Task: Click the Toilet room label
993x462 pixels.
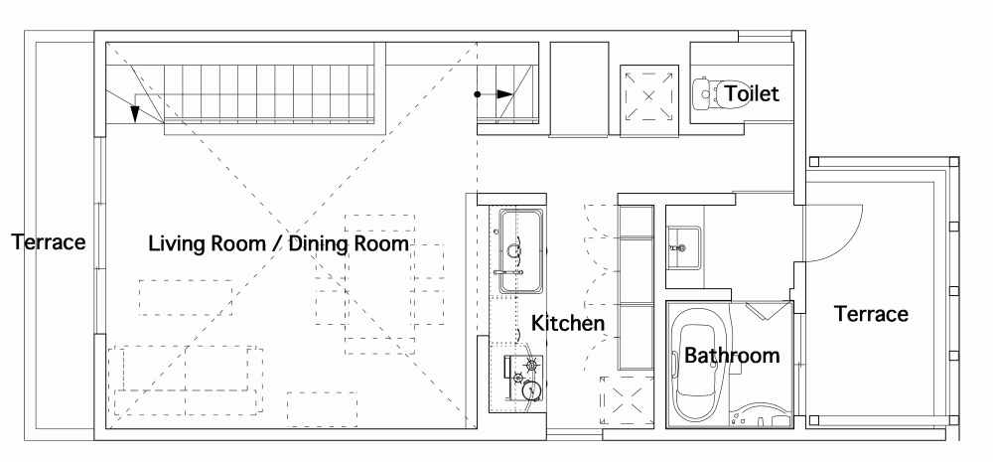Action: [x=751, y=93]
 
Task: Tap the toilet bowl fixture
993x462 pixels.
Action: [x=705, y=93]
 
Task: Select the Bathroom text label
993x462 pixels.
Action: [x=732, y=355]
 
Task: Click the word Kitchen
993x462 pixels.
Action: [x=567, y=323]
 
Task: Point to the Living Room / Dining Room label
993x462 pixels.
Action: [x=279, y=244]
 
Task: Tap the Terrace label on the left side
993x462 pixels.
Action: [x=48, y=242]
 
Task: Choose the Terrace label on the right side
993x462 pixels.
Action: [x=871, y=314]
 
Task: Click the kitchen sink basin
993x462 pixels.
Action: [x=520, y=251]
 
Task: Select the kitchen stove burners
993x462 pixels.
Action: [x=525, y=379]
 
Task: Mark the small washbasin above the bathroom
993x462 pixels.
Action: [x=683, y=247]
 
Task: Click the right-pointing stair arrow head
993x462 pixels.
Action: [x=504, y=94]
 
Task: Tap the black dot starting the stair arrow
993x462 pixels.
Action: [x=478, y=94]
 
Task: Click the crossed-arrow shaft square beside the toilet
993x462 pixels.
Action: [x=648, y=96]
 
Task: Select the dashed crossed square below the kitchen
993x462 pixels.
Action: [x=627, y=401]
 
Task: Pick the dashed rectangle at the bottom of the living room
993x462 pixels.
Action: [x=322, y=409]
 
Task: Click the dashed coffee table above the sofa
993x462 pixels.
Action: [x=186, y=298]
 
